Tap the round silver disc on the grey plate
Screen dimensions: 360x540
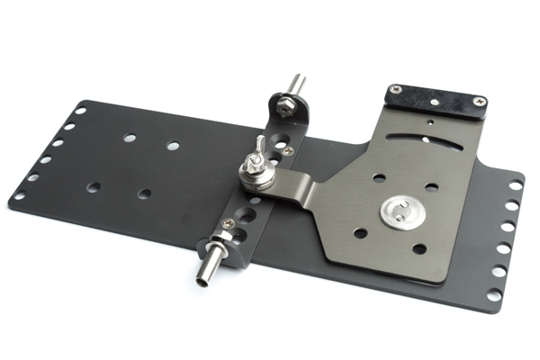pos(397,212)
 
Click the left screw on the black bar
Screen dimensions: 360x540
pos(394,90)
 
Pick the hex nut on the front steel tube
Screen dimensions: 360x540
pos(219,241)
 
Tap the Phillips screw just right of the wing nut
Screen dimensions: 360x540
pos(287,152)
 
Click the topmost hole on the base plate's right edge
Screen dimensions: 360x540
pos(516,185)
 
